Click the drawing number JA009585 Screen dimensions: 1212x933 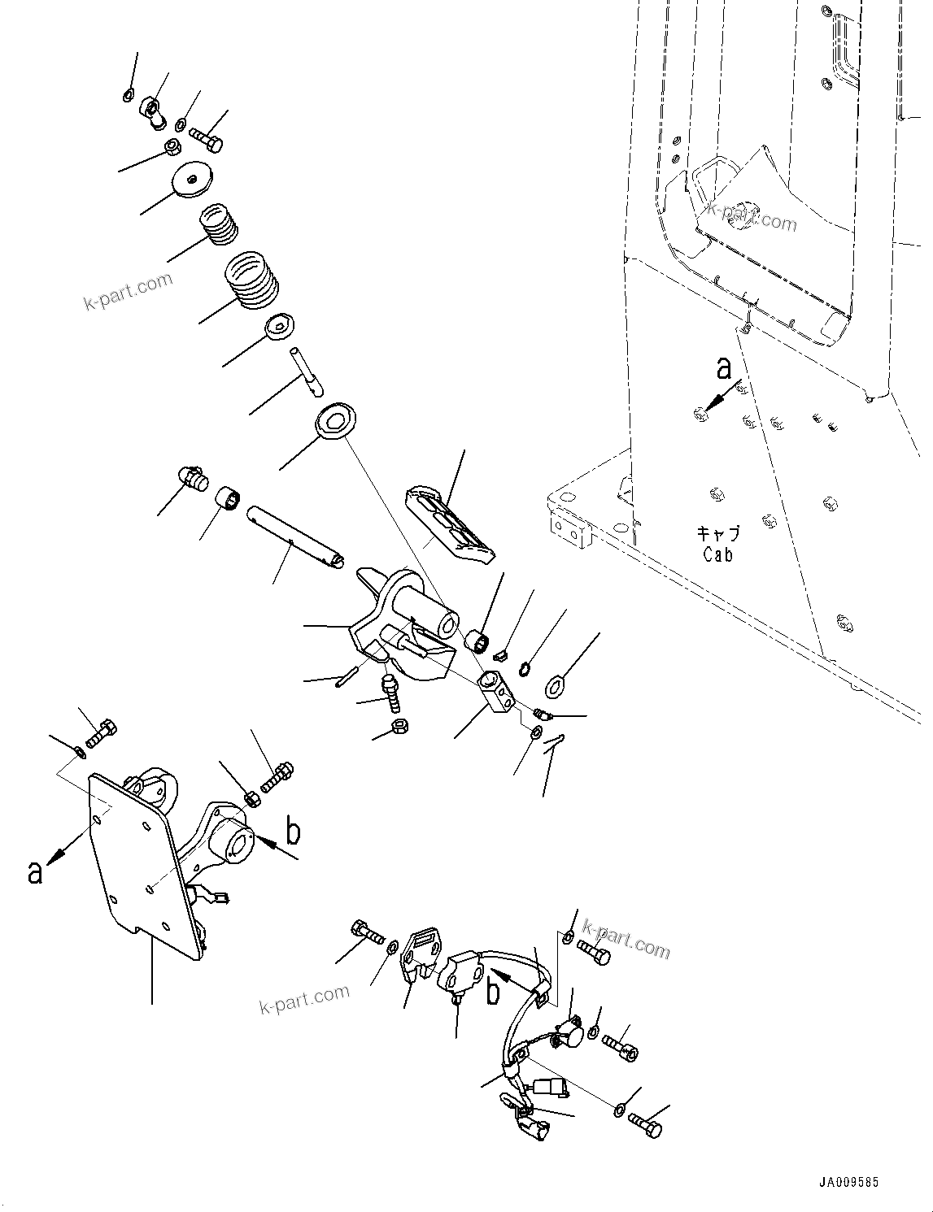(x=849, y=1183)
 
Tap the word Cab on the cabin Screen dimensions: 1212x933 (x=718, y=554)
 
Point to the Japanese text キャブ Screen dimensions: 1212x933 (x=718, y=533)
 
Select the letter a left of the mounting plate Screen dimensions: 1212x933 (x=35, y=871)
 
